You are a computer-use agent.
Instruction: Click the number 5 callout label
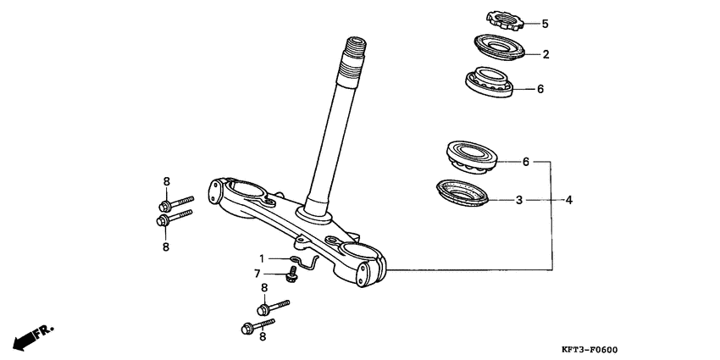coord(545,24)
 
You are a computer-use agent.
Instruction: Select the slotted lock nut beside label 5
coord(505,20)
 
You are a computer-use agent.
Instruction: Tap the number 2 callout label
coord(546,54)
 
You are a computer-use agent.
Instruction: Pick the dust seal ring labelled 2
coord(498,47)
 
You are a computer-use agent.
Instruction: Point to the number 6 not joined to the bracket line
coord(540,89)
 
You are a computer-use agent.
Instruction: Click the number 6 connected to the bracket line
coord(526,162)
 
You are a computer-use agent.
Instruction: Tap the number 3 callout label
coord(519,200)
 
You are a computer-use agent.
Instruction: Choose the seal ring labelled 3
coord(462,193)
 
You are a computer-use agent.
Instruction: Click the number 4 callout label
coord(569,200)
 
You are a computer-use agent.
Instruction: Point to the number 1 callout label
coord(262,258)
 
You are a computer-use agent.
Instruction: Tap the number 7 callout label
coord(258,274)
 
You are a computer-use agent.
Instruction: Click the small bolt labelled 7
coord(291,274)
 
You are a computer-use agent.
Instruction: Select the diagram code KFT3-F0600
coord(590,350)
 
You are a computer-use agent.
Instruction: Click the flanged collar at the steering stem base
coord(314,215)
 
